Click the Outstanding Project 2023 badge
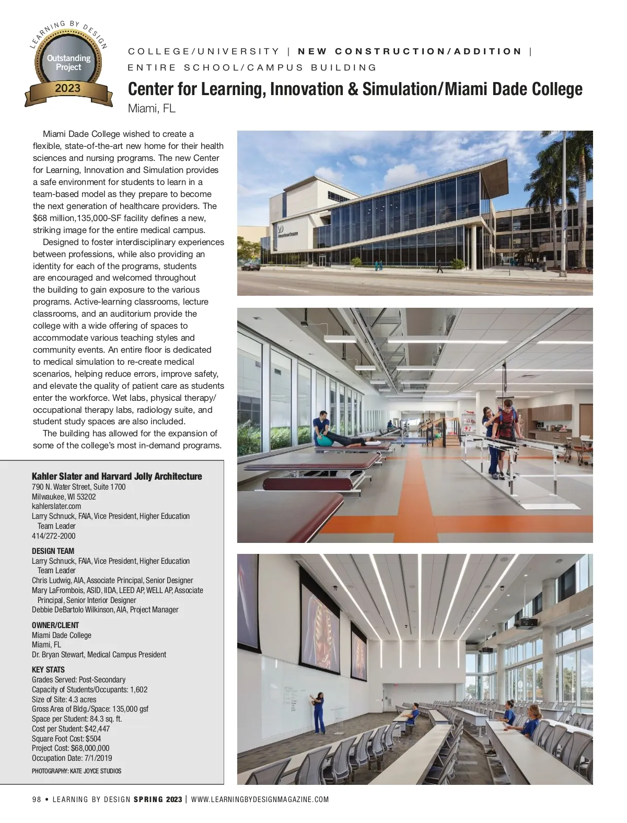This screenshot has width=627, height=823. coord(68,65)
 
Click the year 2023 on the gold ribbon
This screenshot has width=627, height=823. coord(68,88)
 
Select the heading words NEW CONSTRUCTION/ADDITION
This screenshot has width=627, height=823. coord(410,51)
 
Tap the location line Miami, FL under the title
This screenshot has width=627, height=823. coord(152,109)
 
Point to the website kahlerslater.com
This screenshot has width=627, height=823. coord(56,506)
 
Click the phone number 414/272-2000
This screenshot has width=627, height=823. coord(53,536)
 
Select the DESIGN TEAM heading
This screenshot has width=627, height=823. coord(53,551)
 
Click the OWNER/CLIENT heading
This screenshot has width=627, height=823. coord(55,625)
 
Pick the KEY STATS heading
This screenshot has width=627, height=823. coord(48,669)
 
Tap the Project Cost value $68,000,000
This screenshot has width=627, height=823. coord(90,748)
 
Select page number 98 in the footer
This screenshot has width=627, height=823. coord(37,799)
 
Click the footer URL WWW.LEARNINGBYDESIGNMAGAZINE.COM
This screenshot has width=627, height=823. coord(260,799)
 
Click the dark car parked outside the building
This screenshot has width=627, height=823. coord(251,266)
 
